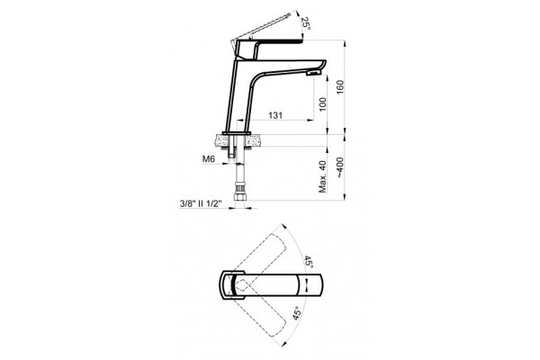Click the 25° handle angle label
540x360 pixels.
(305, 23)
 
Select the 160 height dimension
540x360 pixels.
(340, 87)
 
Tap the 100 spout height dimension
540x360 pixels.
(323, 104)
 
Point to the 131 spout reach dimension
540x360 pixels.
(275, 115)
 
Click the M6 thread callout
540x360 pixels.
(209, 158)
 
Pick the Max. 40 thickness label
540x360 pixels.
(323, 176)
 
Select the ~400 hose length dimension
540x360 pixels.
(340, 167)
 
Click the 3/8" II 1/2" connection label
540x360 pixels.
(200, 203)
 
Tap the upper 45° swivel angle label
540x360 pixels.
(308, 263)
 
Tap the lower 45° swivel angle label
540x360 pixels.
(298, 313)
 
